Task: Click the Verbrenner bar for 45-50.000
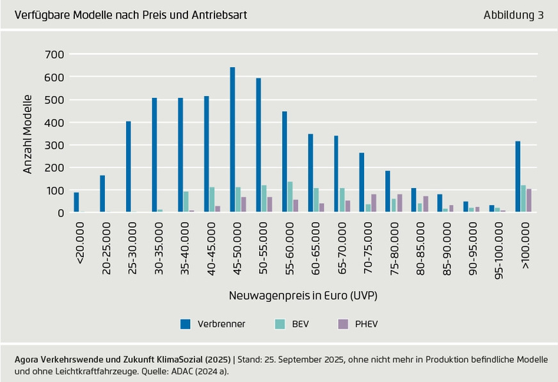pyautogui.click(x=232, y=139)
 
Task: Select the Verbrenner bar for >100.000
pyautogui.click(x=518, y=177)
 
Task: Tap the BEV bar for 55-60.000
pyautogui.click(x=290, y=197)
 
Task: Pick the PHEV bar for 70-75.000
pyautogui.click(x=374, y=203)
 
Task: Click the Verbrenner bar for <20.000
pyautogui.click(x=76, y=202)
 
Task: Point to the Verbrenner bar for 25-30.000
pyautogui.click(x=129, y=166)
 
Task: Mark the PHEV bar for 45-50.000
pyautogui.click(x=244, y=204)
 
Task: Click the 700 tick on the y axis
pyautogui.click(x=55, y=54)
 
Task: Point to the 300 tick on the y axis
pyautogui.click(x=55, y=145)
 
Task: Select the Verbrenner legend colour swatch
pyautogui.click(x=185, y=324)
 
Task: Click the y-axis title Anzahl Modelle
pyautogui.click(x=28, y=134)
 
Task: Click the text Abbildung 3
pyautogui.click(x=513, y=15)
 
